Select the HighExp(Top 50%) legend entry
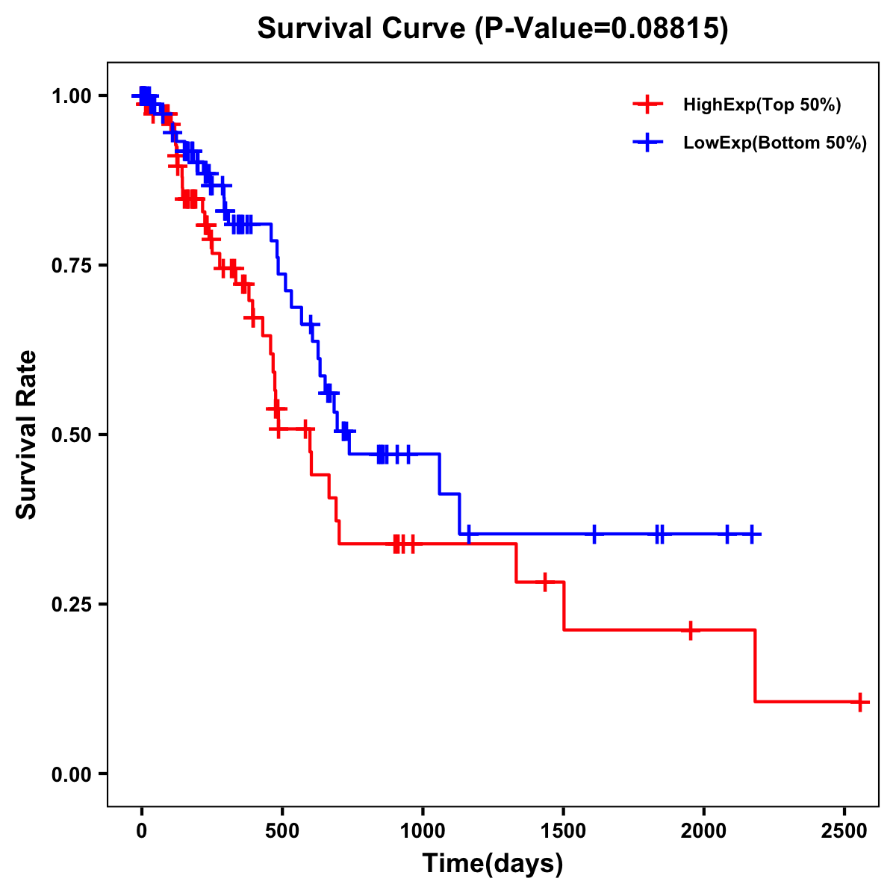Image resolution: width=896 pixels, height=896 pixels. [762, 105]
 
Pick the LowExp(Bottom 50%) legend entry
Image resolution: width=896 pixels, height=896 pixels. [774, 143]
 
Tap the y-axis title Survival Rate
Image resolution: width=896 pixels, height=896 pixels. [27, 434]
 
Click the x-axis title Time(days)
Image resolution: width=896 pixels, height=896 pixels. [493, 864]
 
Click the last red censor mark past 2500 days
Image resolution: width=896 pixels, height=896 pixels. [860, 702]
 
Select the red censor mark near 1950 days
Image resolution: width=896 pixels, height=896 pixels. [691, 630]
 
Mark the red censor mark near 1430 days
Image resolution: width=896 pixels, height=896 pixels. [545, 582]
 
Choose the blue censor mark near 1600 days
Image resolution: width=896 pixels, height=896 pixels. [594, 534]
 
